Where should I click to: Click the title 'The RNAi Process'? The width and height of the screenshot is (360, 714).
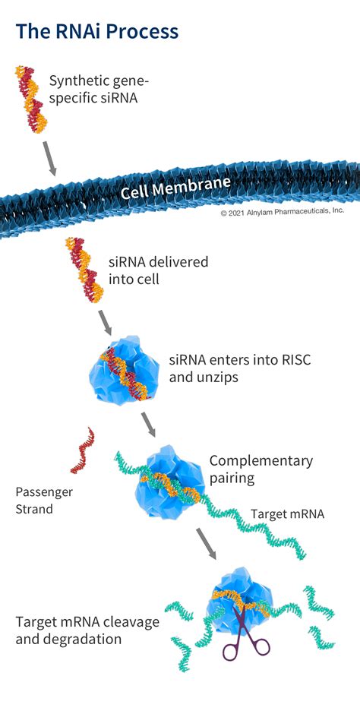coord(97,31)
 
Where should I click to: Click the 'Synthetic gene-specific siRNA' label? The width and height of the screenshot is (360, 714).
coord(99,90)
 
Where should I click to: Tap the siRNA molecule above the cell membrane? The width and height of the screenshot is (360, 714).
coord(32,100)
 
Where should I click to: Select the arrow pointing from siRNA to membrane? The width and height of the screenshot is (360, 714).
coord(49,158)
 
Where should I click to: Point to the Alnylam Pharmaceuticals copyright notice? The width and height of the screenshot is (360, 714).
coord(283,212)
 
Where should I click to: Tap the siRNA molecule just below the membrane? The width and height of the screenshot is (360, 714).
coord(84,270)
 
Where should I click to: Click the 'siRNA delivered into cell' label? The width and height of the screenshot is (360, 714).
coord(158,270)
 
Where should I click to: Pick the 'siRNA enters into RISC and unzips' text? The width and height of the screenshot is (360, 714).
coord(240,368)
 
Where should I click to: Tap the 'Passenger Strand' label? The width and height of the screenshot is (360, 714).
coord(44,501)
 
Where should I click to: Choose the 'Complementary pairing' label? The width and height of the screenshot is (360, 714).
coord(261,469)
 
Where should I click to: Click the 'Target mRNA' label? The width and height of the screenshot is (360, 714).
coord(287,514)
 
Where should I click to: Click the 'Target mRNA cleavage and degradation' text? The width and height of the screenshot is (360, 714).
coord(87,630)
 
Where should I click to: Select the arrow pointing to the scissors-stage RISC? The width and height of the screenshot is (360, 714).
coord(207,543)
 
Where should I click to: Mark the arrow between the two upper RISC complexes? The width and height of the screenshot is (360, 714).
coord(148,425)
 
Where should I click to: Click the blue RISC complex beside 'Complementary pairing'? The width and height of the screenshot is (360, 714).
coord(169,482)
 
